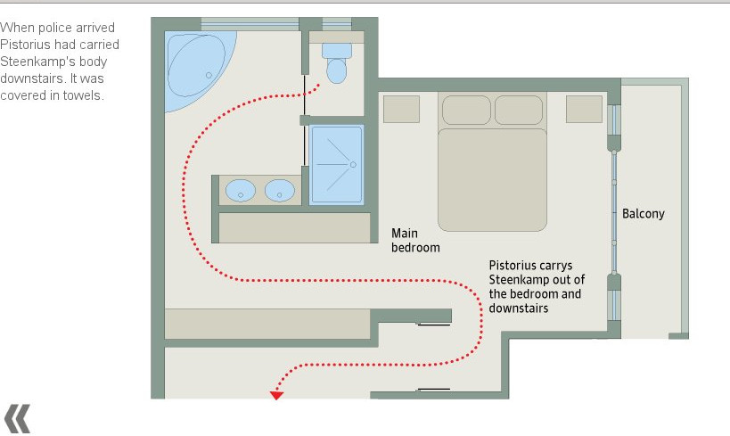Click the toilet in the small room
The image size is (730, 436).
(x=337, y=64)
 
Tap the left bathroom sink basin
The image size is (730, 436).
(x=241, y=191)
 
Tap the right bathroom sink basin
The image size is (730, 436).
(x=280, y=191)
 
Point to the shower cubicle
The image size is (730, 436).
(x=336, y=164)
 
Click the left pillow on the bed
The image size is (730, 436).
(x=466, y=111)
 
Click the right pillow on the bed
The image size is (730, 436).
(x=519, y=111)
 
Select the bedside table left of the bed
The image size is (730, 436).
(x=401, y=110)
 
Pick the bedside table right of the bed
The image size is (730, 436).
(x=585, y=110)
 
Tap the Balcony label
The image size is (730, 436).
(x=644, y=214)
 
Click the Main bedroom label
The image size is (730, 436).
(x=415, y=240)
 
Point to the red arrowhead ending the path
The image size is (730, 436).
(x=276, y=396)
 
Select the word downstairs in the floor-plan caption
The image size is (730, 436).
(x=518, y=308)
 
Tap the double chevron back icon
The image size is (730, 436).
(x=17, y=418)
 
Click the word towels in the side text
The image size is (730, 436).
(x=83, y=95)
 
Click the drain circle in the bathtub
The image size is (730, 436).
(x=209, y=75)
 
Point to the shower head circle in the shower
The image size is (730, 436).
(x=353, y=164)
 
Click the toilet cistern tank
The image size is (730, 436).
(x=337, y=51)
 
